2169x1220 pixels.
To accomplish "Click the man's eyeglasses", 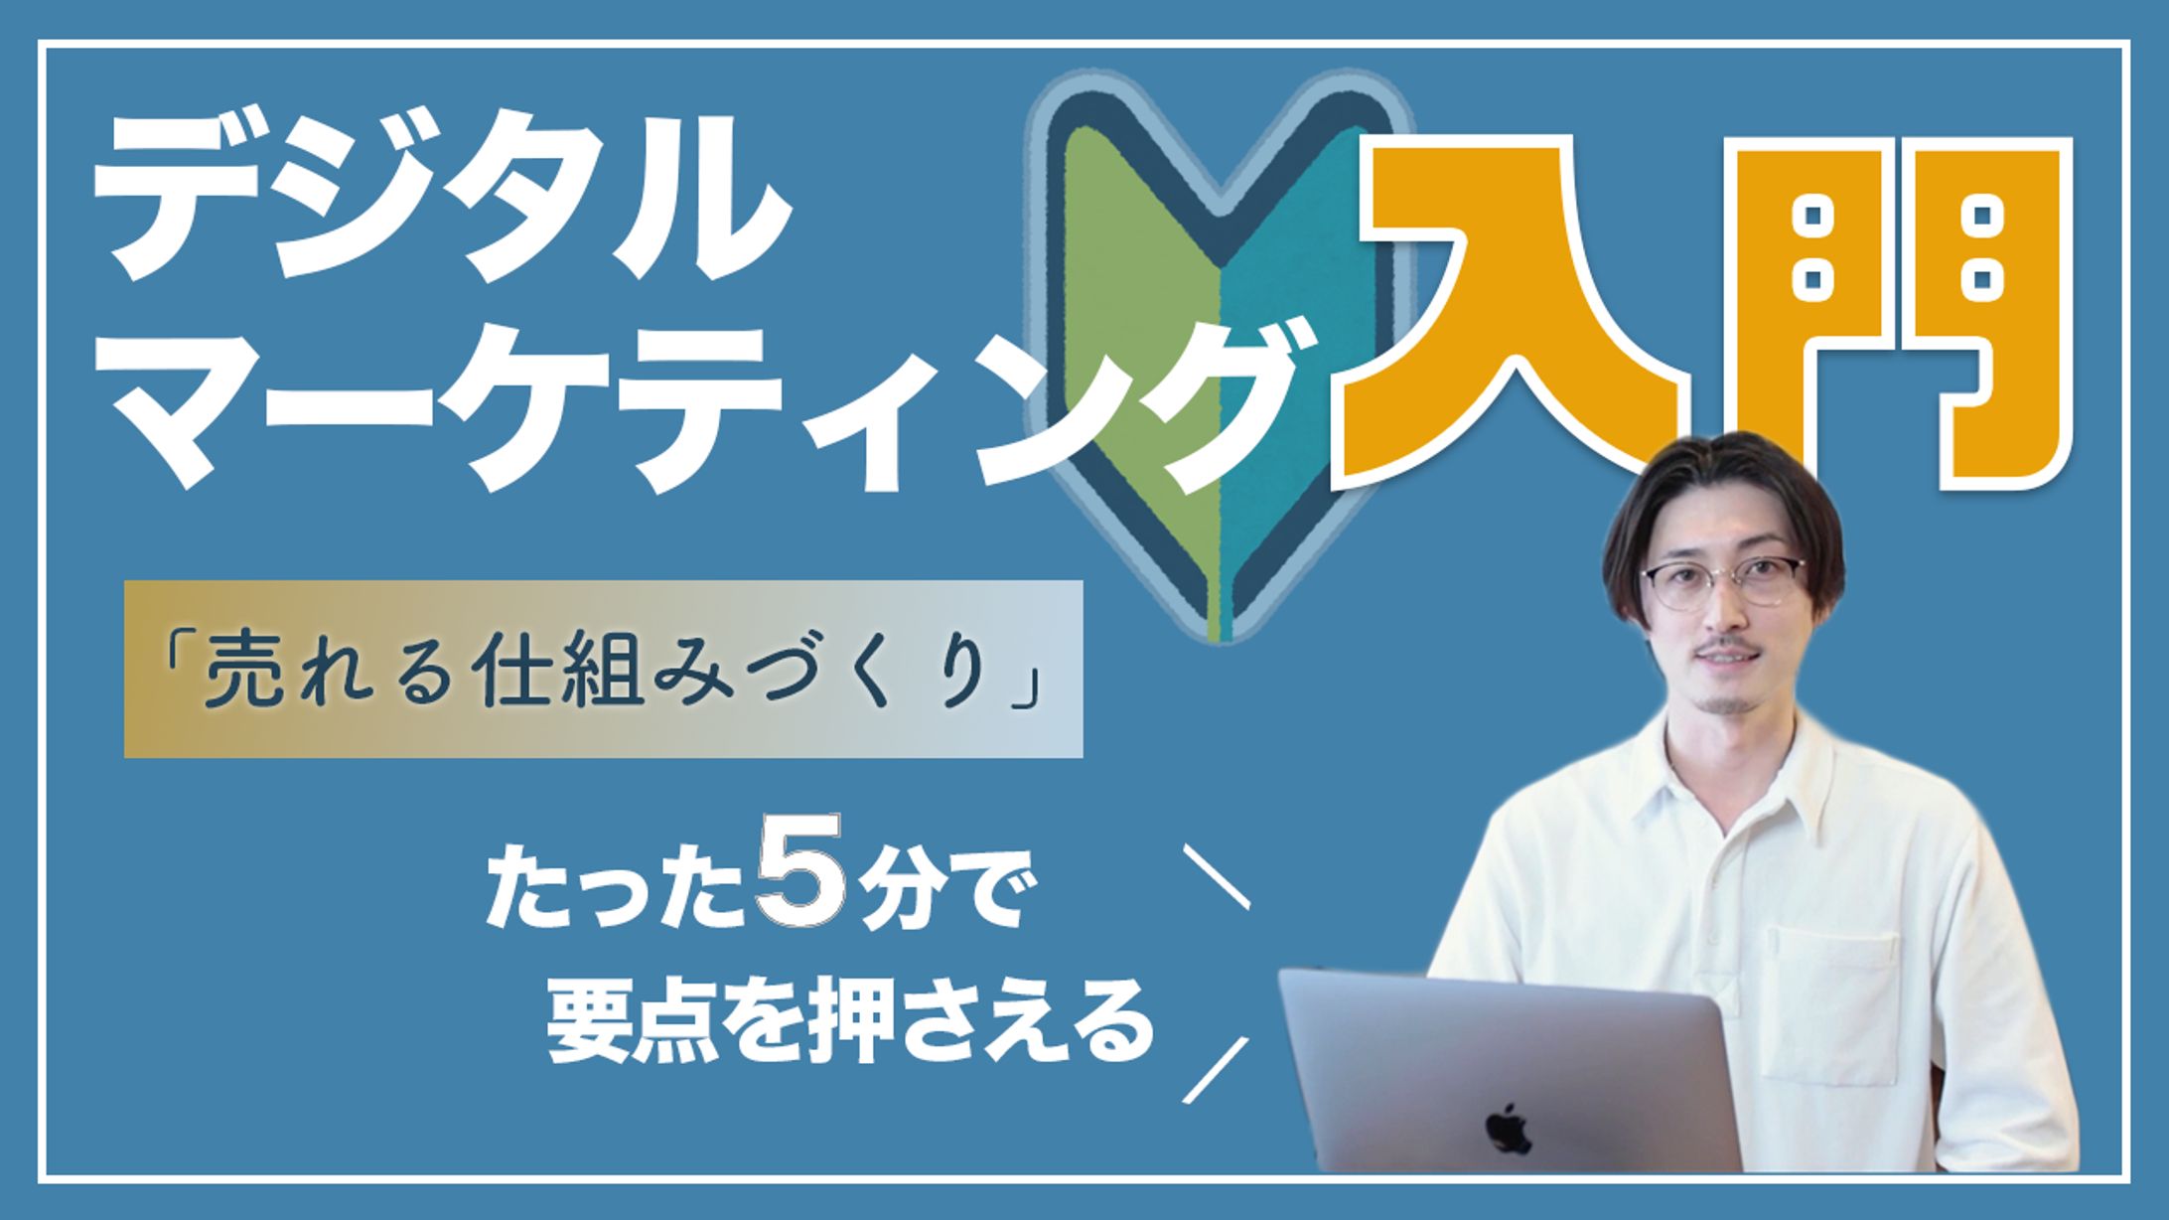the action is pos(1724,582).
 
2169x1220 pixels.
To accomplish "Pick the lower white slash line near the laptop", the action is pos(1216,1069).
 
